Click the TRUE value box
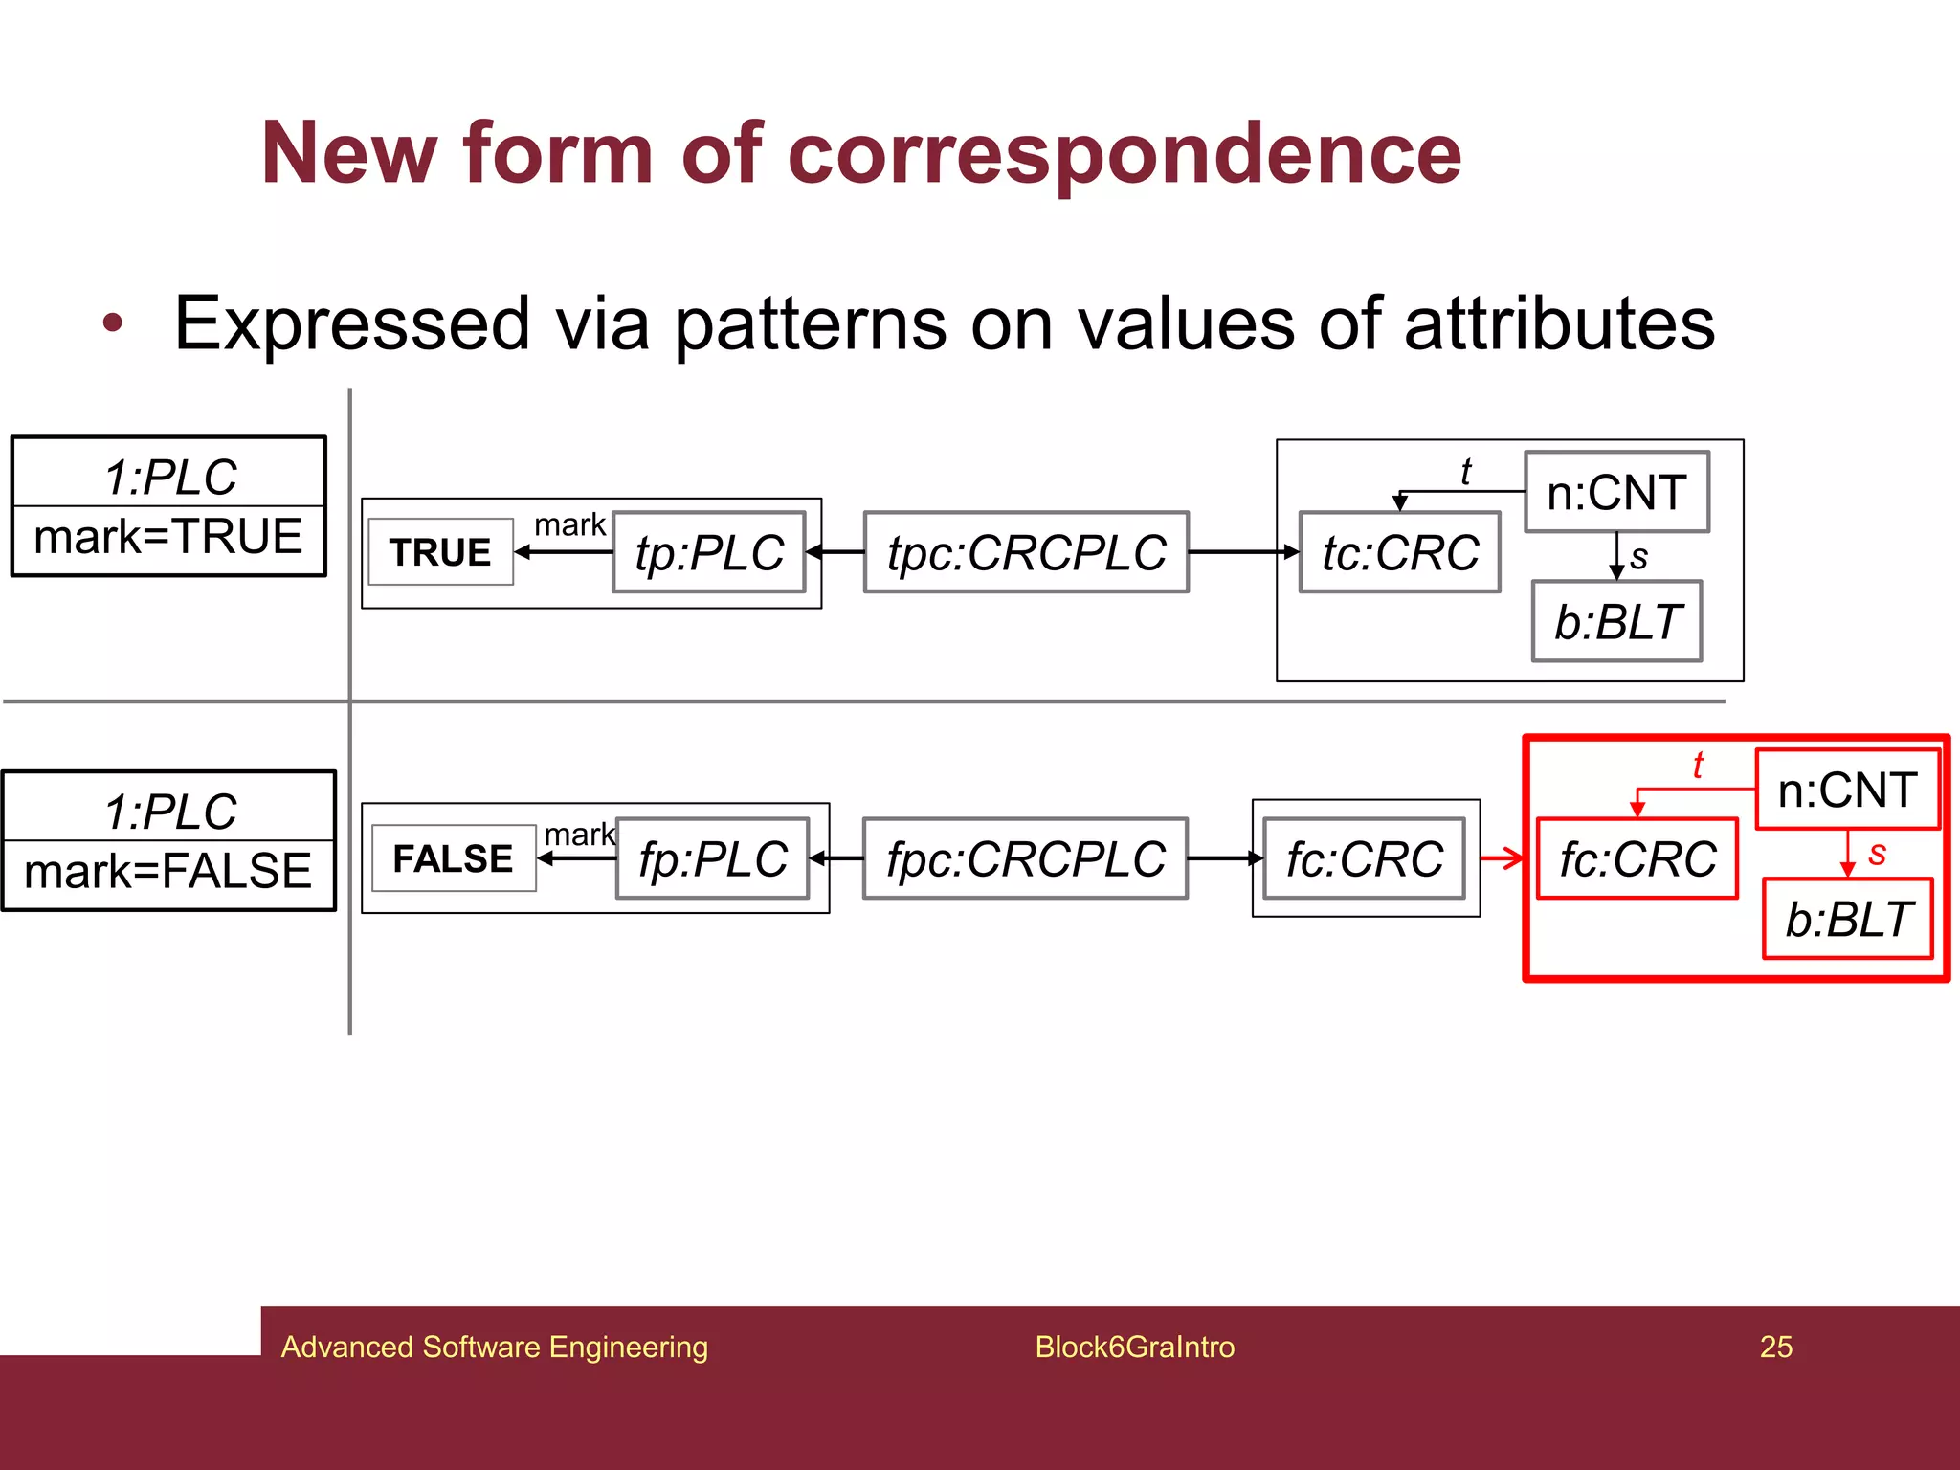tap(440, 552)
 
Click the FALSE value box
tap(453, 858)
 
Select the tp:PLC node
tap(709, 552)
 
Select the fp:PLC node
tap(713, 858)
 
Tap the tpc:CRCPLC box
tap(1026, 552)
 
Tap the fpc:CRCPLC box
tap(1025, 858)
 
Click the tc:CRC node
tap(1399, 552)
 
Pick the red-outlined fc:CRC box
tap(1637, 858)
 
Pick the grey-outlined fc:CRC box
tap(1364, 858)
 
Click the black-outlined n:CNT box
tap(1616, 492)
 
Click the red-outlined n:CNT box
tap(1847, 791)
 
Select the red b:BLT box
tap(1848, 919)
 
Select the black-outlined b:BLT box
tap(1616, 621)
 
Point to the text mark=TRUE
tap(168, 537)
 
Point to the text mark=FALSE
tap(168, 871)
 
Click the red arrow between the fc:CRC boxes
tap(1503, 858)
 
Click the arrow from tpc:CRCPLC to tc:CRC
tap(1243, 552)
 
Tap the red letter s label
tap(1877, 852)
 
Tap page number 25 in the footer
tap(1775, 1347)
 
